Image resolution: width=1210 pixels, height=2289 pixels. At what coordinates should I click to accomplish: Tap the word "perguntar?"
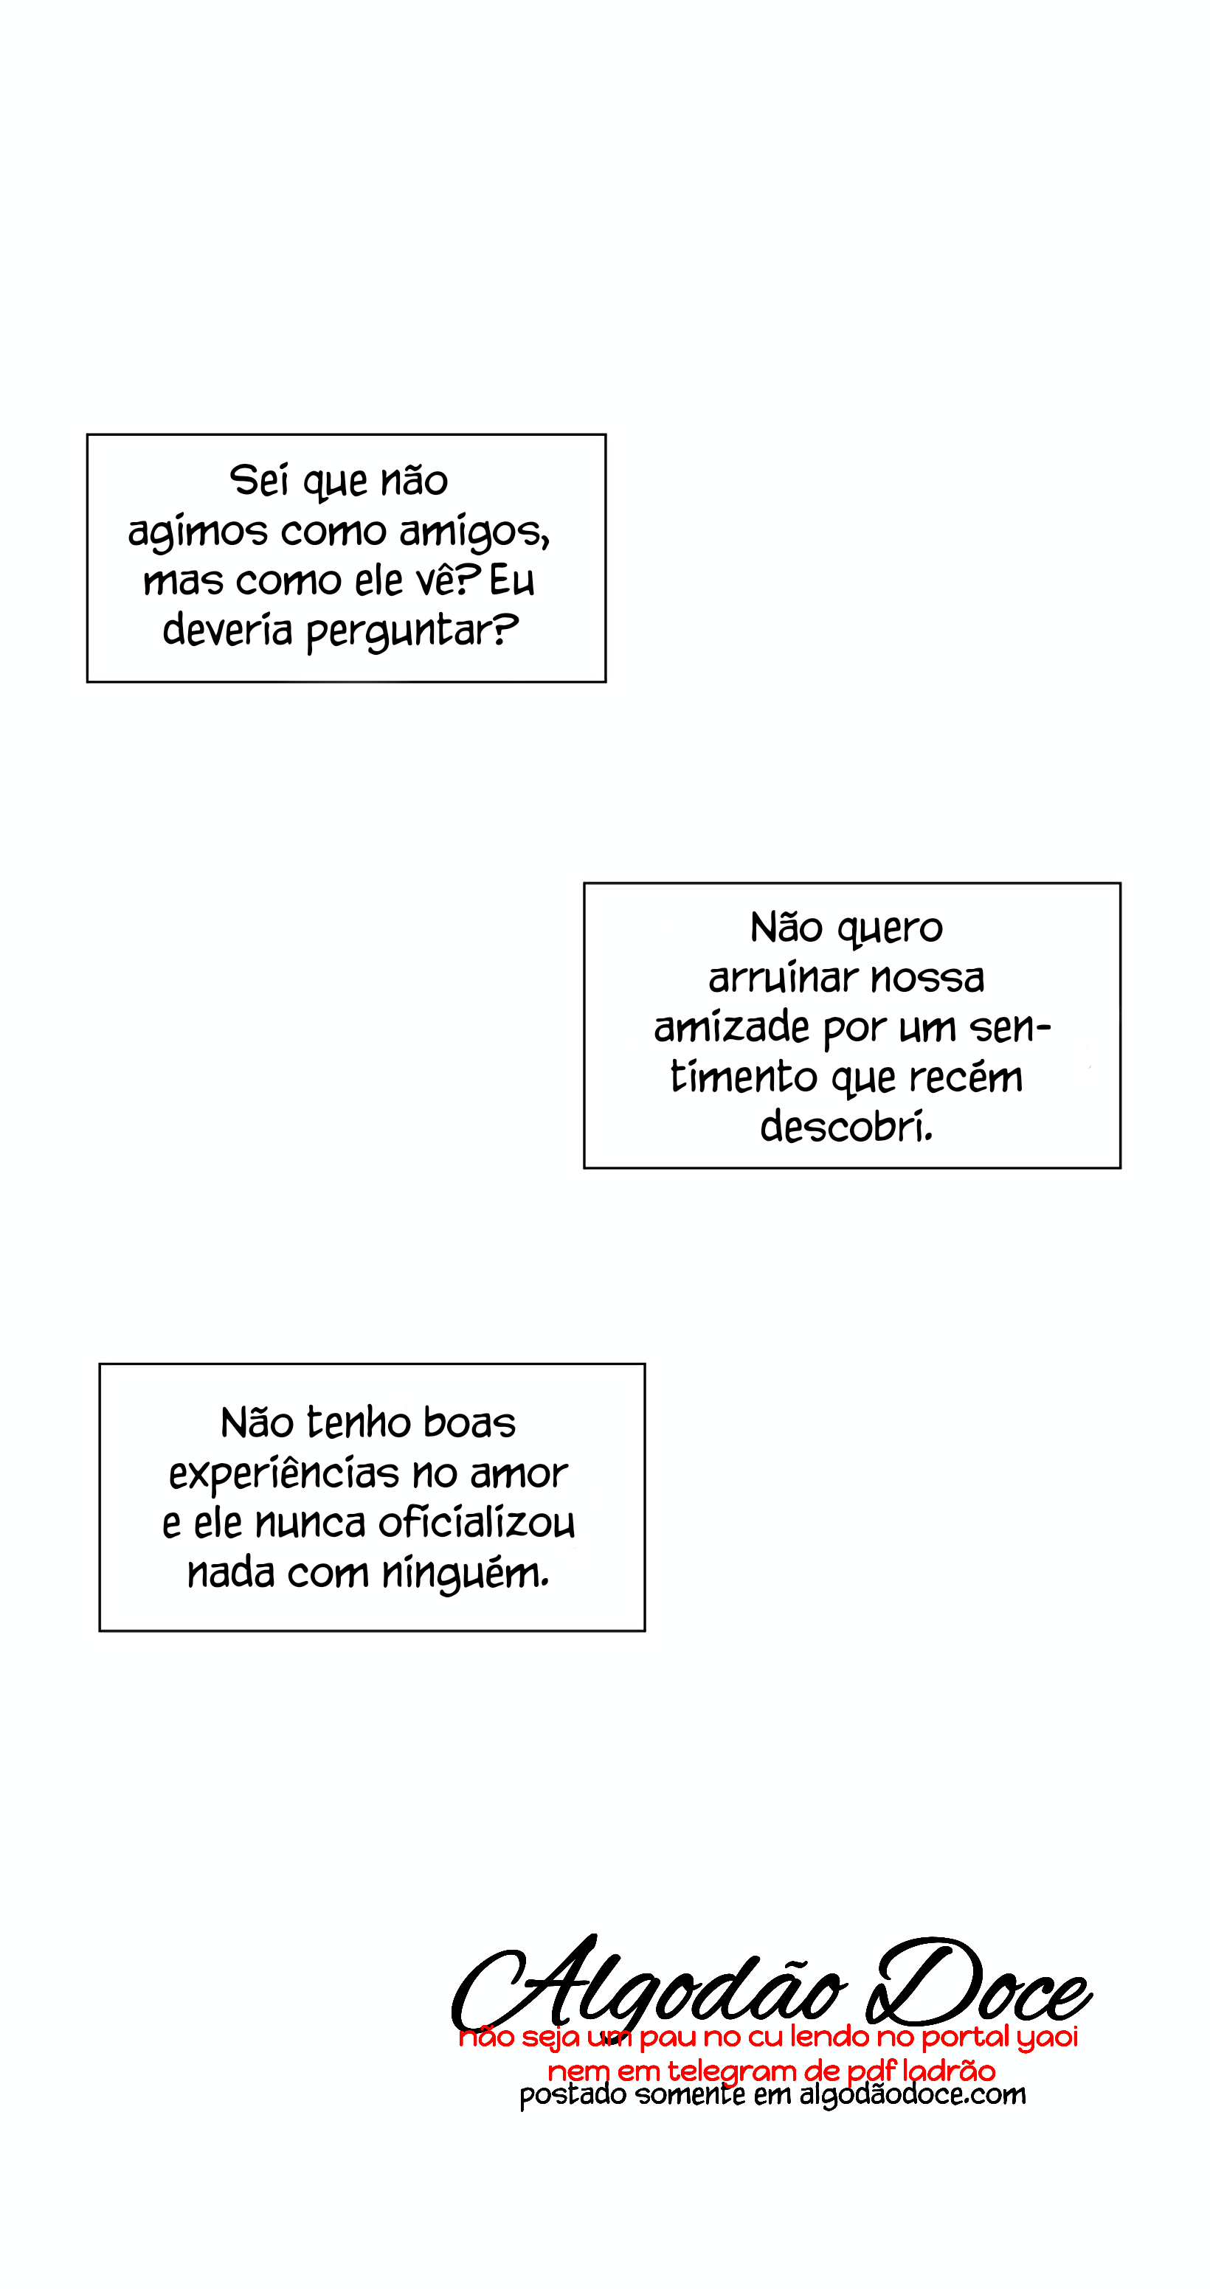point(412,632)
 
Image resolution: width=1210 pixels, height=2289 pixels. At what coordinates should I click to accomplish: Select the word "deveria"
point(227,630)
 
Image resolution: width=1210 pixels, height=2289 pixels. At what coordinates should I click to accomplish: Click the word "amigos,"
point(474,532)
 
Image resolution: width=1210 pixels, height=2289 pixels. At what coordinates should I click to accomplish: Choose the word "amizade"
point(732,1028)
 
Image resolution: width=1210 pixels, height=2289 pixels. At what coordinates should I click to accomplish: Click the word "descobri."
point(846,1127)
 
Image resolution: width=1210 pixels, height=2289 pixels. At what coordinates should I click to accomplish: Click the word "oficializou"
point(477,1523)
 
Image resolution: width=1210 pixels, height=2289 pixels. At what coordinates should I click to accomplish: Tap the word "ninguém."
point(465,1573)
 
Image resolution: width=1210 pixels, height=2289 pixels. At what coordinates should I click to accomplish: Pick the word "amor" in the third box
point(519,1474)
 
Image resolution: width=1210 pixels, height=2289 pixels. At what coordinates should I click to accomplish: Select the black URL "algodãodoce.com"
point(912,2095)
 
